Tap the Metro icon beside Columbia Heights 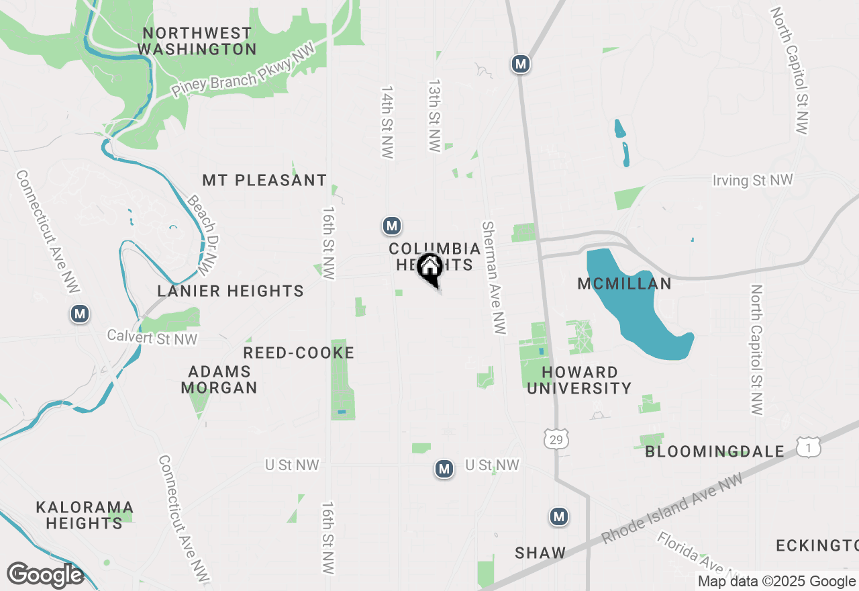click(392, 226)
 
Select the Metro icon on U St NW click(444, 469)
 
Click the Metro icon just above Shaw click(559, 516)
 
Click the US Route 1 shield click(809, 447)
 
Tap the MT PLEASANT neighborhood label click(264, 180)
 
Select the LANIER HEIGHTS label click(230, 291)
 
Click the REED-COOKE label click(299, 353)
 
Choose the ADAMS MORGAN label click(219, 379)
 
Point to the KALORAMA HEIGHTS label click(85, 514)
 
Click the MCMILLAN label click(625, 283)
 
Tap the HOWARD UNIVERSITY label click(579, 380)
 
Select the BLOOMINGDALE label click(715, 451)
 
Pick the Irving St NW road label click(752, 180)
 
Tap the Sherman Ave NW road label click(494, 277)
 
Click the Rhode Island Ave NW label click(672, 509)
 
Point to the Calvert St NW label click(152, 337)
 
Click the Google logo click(45, 575)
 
